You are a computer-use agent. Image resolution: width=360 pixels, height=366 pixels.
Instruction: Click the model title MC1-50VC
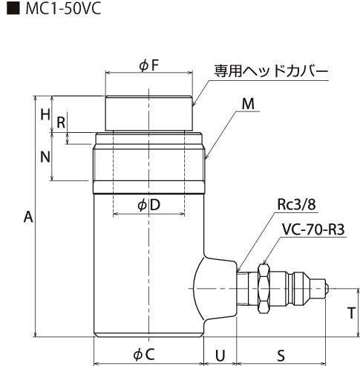[x=63, y=9]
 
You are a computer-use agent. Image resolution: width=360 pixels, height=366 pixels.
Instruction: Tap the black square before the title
[x=13, y=9]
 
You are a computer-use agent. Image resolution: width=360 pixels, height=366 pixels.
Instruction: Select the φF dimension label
[x=148, y=66]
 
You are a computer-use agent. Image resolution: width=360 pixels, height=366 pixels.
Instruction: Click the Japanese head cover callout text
[x=271, y=71]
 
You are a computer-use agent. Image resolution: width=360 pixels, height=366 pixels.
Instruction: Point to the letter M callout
[x=248, y=104]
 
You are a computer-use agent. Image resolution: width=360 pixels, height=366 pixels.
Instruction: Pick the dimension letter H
[x=45, y=115]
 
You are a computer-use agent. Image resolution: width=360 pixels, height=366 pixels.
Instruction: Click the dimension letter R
[x=61, y=122]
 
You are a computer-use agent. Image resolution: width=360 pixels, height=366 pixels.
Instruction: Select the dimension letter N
[x=45, y=157]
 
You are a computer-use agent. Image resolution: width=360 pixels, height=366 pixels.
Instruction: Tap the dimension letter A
[x=28, y=217]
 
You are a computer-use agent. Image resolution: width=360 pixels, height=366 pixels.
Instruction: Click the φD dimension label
[x=149, y=205]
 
